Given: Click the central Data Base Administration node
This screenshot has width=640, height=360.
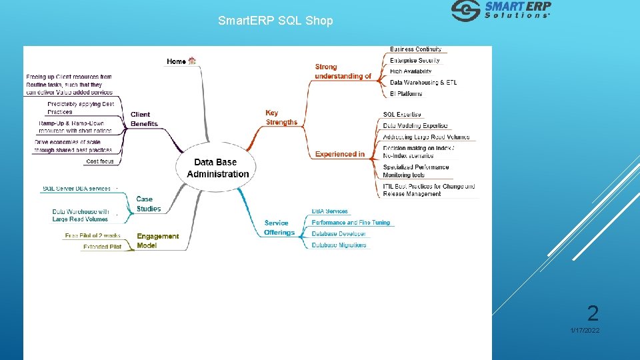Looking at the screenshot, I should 217,168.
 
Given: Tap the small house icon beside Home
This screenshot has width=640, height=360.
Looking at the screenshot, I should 193,61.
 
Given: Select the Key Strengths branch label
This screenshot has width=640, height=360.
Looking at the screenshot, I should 281,117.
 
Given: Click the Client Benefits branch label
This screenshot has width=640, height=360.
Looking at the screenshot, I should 144,119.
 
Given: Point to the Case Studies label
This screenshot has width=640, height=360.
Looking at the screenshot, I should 149,204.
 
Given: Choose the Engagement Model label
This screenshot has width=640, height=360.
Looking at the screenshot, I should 157,241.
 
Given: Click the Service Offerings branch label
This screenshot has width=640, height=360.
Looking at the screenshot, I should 279,227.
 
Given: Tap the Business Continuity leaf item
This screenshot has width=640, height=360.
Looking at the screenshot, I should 415,49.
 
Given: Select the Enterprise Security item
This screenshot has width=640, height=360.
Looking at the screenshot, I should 415,61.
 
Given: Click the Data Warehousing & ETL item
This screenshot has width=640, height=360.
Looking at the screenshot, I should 423,83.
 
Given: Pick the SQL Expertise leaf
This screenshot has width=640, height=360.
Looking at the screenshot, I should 402,115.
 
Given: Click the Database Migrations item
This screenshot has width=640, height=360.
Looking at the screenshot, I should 339,245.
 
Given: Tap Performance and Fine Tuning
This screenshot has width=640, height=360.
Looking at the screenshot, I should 351,223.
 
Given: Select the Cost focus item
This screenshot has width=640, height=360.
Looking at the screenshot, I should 100,161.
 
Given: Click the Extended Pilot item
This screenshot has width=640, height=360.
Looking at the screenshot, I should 102,247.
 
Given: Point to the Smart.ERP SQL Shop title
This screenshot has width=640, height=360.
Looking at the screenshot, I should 275,21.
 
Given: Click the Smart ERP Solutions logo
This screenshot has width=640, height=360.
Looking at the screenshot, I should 501,11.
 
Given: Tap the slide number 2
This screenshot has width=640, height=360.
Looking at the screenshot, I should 592,313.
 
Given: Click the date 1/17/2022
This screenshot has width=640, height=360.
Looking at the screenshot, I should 585,331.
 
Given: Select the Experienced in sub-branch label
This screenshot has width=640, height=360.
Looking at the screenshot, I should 340,154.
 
